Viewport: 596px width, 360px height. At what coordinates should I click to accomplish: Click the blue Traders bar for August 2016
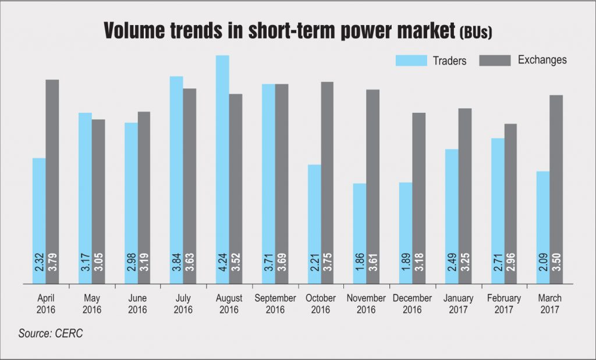tap(222, 169)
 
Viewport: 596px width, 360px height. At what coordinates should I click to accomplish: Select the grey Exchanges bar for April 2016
tap(52, 181)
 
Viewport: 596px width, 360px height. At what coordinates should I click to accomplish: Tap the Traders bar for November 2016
tap(360, 234)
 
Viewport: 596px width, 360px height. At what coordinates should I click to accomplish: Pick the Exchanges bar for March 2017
tap(556, 190)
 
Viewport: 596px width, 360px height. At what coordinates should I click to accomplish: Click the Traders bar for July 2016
tap(176, 180)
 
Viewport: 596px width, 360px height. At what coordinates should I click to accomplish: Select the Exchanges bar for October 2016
tap(327, 183)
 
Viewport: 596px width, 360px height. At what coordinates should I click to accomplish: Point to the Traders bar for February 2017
tap(498, 211)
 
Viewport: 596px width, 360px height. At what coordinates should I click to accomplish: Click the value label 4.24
tap(222, 263)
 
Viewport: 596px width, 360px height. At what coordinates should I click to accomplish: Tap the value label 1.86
tap(360, 263)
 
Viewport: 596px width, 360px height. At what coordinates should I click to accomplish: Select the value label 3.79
tap(52, 263)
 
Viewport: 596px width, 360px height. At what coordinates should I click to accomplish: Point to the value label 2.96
tap(510, 263)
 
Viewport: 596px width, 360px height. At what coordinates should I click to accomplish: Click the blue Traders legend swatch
tap(411, 60)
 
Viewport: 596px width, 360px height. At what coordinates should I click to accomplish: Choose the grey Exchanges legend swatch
tap(495, 60)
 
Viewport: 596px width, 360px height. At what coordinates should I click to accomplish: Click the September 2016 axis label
tap(275, 304)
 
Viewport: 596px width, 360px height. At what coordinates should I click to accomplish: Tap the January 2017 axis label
tap(458, 304)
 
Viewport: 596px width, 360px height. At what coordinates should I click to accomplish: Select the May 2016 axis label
tap(92, 304)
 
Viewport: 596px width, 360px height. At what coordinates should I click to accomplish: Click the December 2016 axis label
tap(413, 304)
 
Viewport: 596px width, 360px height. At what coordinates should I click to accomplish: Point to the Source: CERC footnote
tap(51, 333)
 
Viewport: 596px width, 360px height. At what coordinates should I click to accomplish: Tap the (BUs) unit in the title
tap(476, 32)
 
